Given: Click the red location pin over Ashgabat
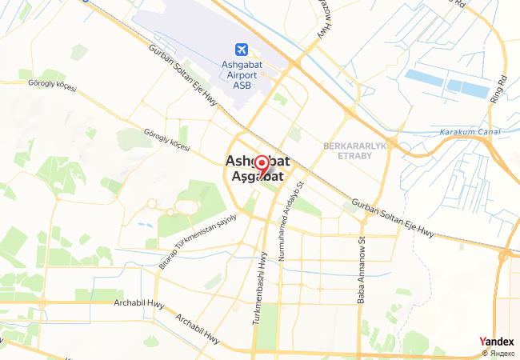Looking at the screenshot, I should (x=261, y=167).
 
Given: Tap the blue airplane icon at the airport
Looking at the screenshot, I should (x=242, y=49).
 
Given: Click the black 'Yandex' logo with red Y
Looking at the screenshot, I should (x=497, y=342).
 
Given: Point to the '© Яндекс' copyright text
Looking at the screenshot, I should (x=498, y=353).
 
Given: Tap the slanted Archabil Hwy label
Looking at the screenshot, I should (x=198, y=328).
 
